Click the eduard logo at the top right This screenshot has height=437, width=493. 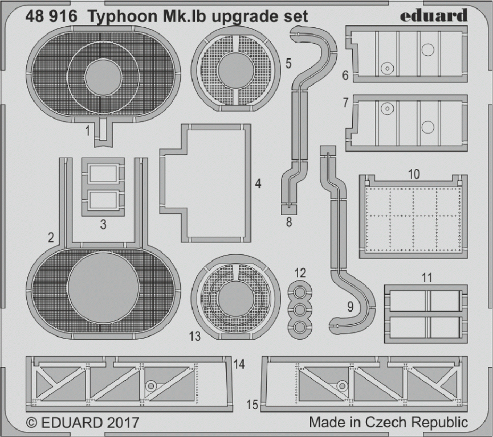[434, 16]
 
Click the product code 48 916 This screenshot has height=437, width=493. [51, 17]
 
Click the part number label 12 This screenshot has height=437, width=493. [300, 273]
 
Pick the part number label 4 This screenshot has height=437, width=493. [258, 184]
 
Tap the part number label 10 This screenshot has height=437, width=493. [414, 174]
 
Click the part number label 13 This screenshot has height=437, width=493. [195, 336]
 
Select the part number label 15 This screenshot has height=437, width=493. [252, 405]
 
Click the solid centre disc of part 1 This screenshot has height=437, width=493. [103, 78]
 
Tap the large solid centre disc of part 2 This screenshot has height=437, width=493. [103, 287]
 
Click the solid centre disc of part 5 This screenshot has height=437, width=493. [235, 70]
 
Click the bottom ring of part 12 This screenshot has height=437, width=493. [300, 327]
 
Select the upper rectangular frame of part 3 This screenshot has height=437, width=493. [103, 174]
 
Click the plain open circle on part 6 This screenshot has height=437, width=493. [427, 50]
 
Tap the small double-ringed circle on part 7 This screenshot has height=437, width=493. [387, 109]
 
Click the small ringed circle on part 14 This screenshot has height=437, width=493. [151, 386]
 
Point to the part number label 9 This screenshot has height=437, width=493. [351, 307]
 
